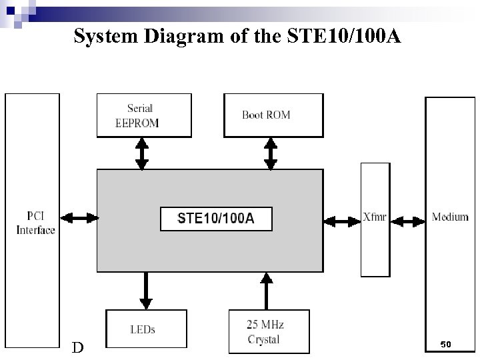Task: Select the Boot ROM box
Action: pos(273,115)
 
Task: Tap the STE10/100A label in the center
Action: pos(216,219)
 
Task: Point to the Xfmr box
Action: pos(375,219)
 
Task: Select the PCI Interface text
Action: pos(35,223)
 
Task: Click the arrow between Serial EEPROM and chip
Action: pos(142,153)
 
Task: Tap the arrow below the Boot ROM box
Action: pos(269,153)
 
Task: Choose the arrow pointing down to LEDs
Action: pos(147,291)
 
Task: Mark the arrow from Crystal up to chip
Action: pos(266,291)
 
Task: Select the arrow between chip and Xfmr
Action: pos(342,219)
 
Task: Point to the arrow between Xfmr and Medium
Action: pos(408,219)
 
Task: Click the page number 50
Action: pos(446,344)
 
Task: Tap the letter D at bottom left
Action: pos(78,347)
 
